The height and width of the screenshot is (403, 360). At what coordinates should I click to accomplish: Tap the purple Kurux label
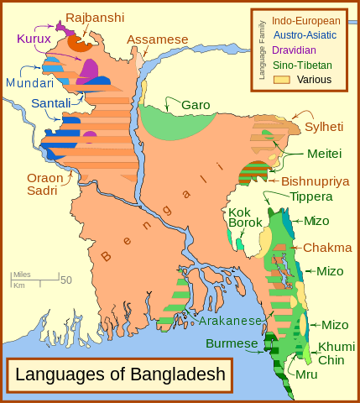click(34, 39)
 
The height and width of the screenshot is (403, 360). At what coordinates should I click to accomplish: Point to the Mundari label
click(29, 83)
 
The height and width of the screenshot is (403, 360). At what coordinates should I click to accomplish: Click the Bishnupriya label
click(315, 181)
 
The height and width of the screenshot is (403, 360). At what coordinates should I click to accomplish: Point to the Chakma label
click(321, 248)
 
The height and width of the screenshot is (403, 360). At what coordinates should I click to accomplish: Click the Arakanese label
click(232, 321)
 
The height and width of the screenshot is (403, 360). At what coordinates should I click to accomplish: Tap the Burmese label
click(233, 343)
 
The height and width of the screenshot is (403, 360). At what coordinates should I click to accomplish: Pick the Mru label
click(306, 374)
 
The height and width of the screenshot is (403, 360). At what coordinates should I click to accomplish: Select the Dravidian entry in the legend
click(301, 50)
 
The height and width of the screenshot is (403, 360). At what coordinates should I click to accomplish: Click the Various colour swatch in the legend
click(280, 80)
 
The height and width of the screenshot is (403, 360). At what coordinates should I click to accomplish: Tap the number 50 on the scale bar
click(65, 280)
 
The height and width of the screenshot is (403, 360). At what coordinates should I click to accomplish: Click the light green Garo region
click(176, 122)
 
